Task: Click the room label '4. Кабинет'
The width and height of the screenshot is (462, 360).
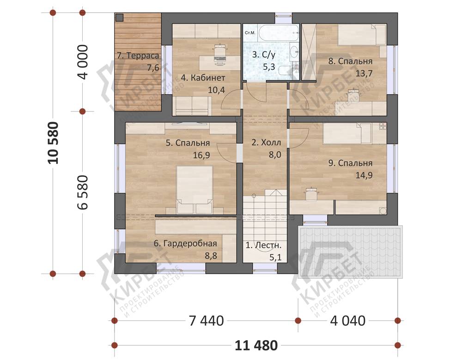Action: [x=203, y=78]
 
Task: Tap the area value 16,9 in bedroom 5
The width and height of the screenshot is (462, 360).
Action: [x=201, y=155]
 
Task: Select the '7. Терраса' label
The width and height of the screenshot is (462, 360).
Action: [x=138, y=55]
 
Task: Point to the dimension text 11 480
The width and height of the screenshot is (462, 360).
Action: [x=256, y=345]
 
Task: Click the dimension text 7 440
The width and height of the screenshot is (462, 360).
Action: [x=206, y=321]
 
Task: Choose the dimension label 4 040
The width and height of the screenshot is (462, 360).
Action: [x=348, y=321]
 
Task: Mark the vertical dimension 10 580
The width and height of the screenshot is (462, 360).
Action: [x=54, y=143]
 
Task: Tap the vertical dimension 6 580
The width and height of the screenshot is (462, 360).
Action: [x=83, y=192]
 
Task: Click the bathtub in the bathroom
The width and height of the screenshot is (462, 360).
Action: [x=279, y=33]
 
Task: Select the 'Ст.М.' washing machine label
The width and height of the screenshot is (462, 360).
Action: [x=250, y=32]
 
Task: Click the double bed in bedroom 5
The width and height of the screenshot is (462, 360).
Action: [x=195, y=189]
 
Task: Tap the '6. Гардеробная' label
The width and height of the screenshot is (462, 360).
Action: [x=185, y=244]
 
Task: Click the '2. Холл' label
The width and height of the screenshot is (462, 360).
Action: [x=266, y=143]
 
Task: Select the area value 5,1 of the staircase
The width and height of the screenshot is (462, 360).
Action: [x=275, y=257]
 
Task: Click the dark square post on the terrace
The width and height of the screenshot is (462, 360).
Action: [x=119, y=18]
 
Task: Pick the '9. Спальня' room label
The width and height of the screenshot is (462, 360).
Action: [x=350, y=163]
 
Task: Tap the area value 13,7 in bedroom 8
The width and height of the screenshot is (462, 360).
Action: [x=364, y=73]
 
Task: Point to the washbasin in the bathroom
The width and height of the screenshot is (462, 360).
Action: [x=294, y=52]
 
